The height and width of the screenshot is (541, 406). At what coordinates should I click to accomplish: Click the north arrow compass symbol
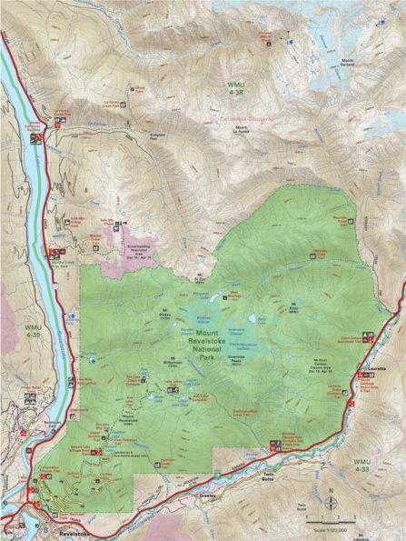coord(333,498)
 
